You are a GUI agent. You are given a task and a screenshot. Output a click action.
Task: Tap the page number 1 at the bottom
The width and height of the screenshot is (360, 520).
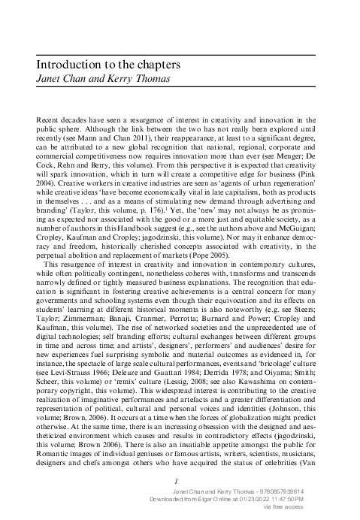coord(175,481)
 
